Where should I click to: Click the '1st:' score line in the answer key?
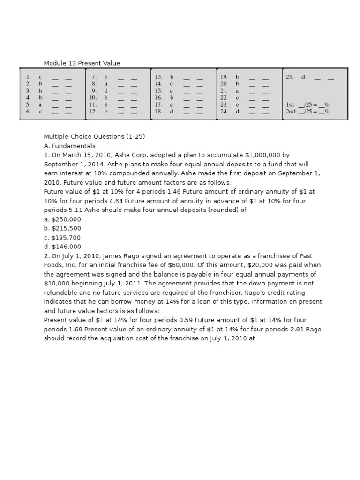(x=307, y=105)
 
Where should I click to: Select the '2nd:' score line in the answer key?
(x=307, y=112)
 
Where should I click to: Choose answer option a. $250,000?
(x=62, y=219)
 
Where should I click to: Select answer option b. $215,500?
(x=62, y=228)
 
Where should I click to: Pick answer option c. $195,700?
(x=62, y=237)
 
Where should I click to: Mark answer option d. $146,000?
(x=62, y=247)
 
